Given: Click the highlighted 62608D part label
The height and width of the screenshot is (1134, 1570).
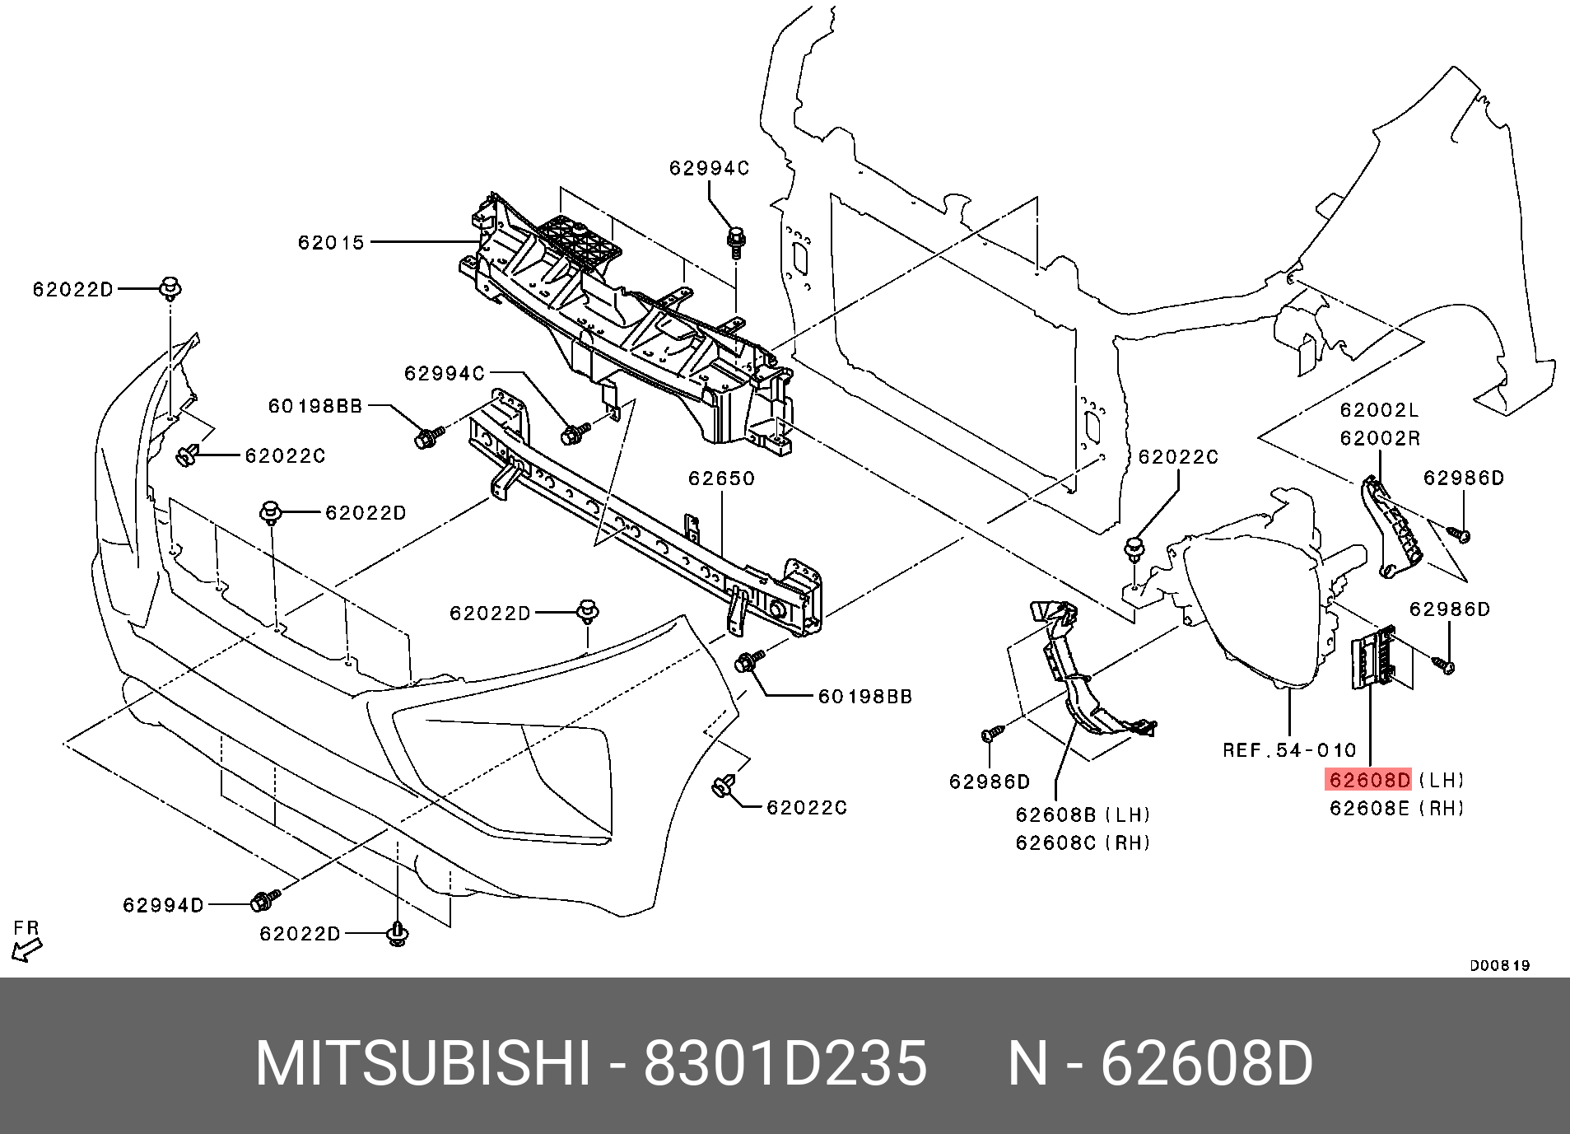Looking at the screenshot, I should (x=1368, y=779).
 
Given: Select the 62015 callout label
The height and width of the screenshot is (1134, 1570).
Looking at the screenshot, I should (x=331, y=242).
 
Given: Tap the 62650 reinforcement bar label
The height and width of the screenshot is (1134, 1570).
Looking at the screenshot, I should (x=721, y=478).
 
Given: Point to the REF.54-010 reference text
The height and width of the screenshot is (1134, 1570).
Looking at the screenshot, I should (x=1289, y=750).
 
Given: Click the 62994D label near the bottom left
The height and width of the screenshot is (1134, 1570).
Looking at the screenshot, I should (x=163, y=905).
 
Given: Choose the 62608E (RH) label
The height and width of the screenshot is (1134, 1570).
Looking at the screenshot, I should (x=1397, y=808).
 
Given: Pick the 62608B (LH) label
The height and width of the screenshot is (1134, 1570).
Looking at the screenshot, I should (x=1082, y=814).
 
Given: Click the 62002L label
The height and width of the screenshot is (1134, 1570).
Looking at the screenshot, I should (x=1379, y=410).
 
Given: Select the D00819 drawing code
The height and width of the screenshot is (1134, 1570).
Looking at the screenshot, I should (x=1500, y=965).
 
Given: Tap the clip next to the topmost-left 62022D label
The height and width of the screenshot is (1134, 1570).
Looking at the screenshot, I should (x=170, y=288).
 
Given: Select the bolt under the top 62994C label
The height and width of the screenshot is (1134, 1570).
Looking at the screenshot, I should (x=735, y=241).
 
